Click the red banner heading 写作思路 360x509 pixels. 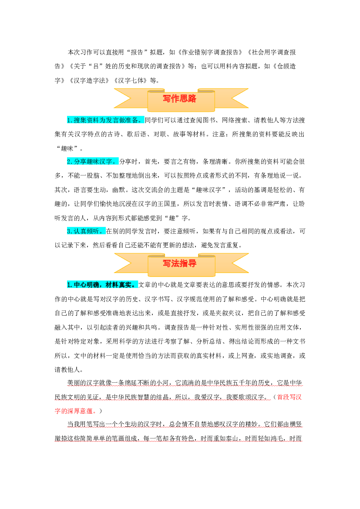[x=179, y=99]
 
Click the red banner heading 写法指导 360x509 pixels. [x=179, y=263]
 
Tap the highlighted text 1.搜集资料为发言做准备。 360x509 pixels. [x=105, y=120]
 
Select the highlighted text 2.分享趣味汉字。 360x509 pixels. [x=93, y=162]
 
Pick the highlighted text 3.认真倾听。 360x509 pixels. [x=86, y=231]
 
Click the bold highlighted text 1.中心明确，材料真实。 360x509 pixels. [x=102, y=285]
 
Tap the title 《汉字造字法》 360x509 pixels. [x=90, y=81]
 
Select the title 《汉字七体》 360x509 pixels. [x=131, y=81]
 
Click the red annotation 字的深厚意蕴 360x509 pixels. [x=74, y=411]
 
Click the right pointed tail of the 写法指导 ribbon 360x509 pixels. [x=248, y=254]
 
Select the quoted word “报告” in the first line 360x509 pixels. [x=141, y=52]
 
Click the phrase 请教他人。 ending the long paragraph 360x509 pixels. [x=69, y=369]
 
